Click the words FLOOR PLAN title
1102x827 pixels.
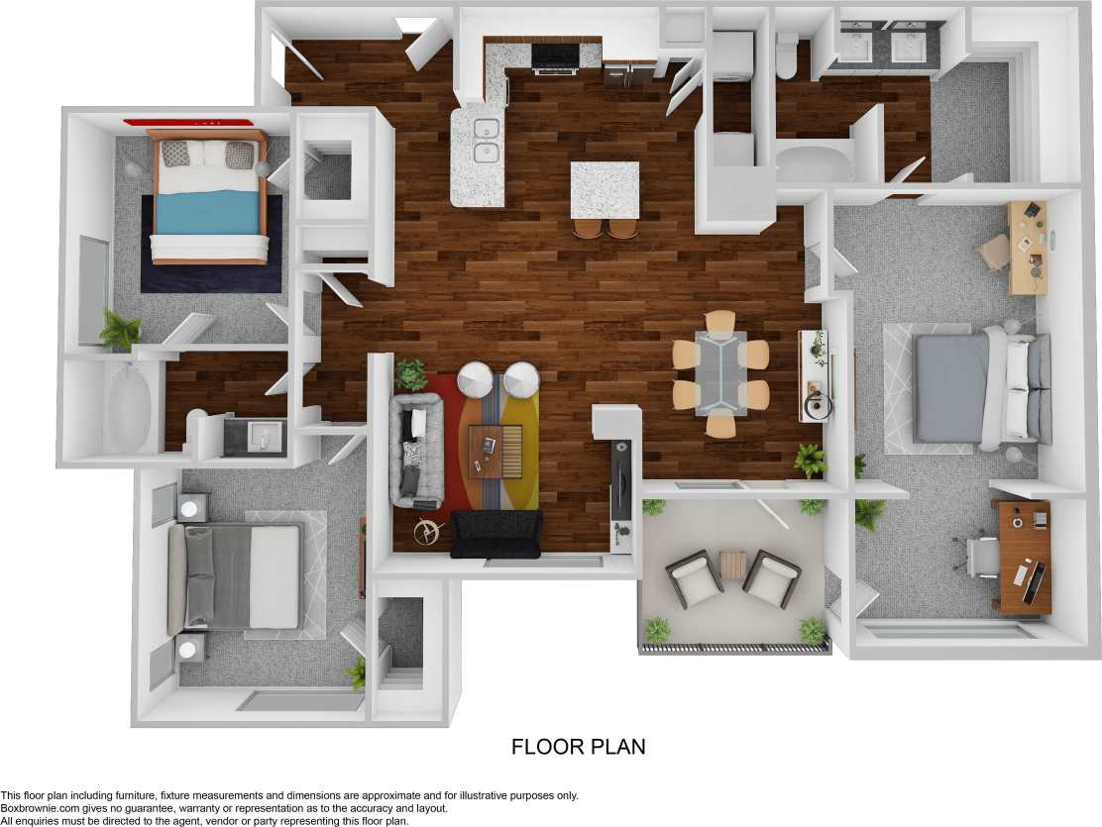coord(578,747)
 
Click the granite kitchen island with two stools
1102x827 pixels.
coord(605,189)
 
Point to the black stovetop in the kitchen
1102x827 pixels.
coord(556,56)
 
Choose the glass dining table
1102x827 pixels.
coord(720,373)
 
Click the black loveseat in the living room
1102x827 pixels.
coord(496,534)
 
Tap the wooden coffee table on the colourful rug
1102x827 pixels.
coord(495,451)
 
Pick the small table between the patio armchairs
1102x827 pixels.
coord(732,565)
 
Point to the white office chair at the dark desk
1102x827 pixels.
coord(981,556)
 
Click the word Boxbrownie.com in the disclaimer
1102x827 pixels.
coord(39,808)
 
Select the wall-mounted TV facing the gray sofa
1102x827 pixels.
coord(620,481)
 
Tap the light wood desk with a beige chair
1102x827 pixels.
coord(1027,247)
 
